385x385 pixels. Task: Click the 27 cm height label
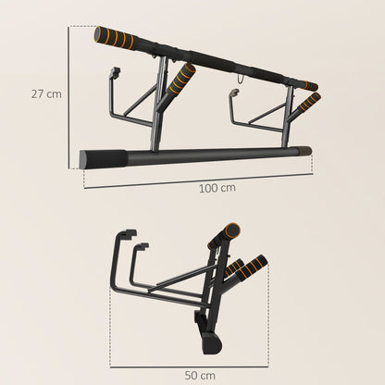[46, 94]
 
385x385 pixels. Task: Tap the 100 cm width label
[217, 188]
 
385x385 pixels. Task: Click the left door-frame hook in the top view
[116, 73]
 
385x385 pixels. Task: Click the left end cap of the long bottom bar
[85, 159]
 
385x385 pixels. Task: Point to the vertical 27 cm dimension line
[68, 96]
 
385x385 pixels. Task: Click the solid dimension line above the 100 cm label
[199, 174]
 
